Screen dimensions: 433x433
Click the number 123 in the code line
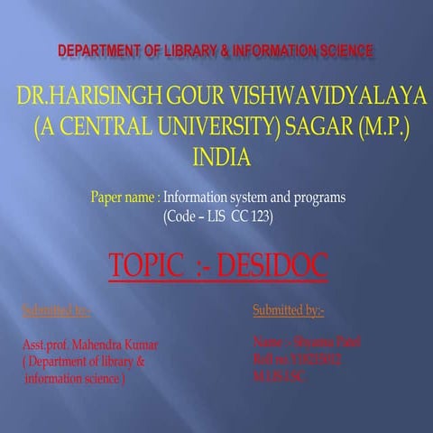(256, 216)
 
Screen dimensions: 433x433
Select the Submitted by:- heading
(288, 311)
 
